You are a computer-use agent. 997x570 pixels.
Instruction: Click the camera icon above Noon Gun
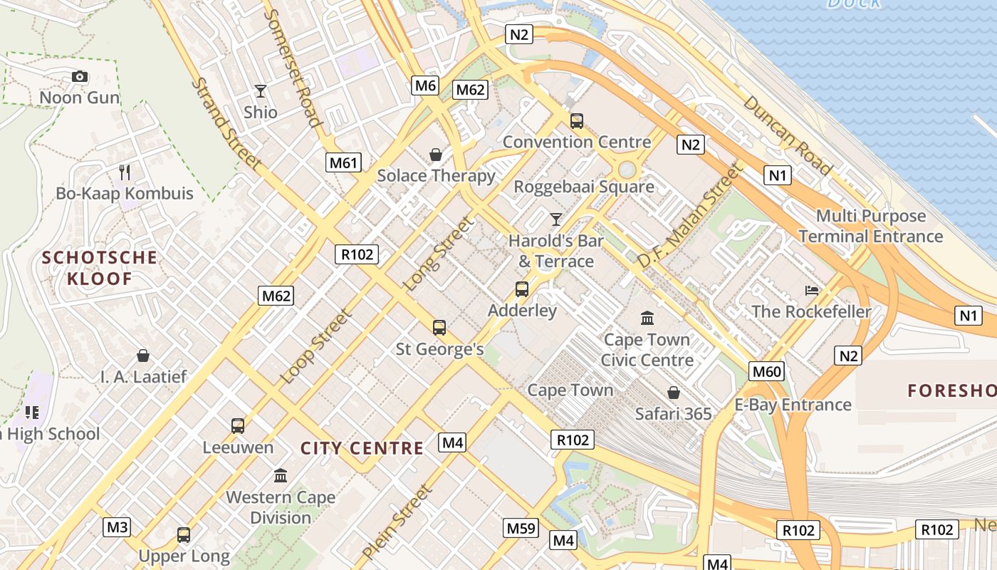[80, 76]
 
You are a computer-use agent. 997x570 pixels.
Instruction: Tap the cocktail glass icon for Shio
[261, 90]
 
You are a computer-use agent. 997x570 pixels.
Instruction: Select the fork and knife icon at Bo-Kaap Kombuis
[125, 172]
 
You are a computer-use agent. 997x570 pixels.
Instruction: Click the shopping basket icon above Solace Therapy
[436, 155]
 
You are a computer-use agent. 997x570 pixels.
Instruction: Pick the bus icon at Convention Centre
[577, 120]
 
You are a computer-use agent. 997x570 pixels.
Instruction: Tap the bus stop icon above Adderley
[522, 289]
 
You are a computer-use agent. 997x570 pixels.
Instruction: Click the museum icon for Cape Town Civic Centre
[647, 317]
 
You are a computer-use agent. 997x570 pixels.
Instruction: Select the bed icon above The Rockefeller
[811, 290]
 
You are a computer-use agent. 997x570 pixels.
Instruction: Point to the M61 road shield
[343, 162]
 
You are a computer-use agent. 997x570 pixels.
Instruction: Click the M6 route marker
[425, 85]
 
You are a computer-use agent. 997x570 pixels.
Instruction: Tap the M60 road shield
[767, 370]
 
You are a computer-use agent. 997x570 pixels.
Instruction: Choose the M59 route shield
[521, 528]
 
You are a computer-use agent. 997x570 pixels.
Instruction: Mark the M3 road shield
[117, 527]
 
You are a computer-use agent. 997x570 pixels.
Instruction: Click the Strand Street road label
[226, 124]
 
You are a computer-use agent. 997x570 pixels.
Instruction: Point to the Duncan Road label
[787, 135]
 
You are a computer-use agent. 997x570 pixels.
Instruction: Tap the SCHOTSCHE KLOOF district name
[100, 267]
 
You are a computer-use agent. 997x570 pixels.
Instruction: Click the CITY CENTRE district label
[362, 448]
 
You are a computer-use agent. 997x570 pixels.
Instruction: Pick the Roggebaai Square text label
[583, 187]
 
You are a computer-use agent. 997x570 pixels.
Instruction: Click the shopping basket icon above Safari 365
[673, 393]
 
